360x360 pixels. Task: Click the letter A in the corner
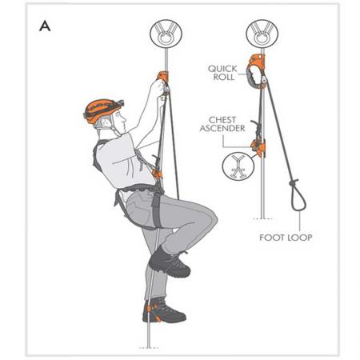46,25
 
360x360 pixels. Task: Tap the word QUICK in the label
221,69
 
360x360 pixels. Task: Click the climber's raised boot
170,262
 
